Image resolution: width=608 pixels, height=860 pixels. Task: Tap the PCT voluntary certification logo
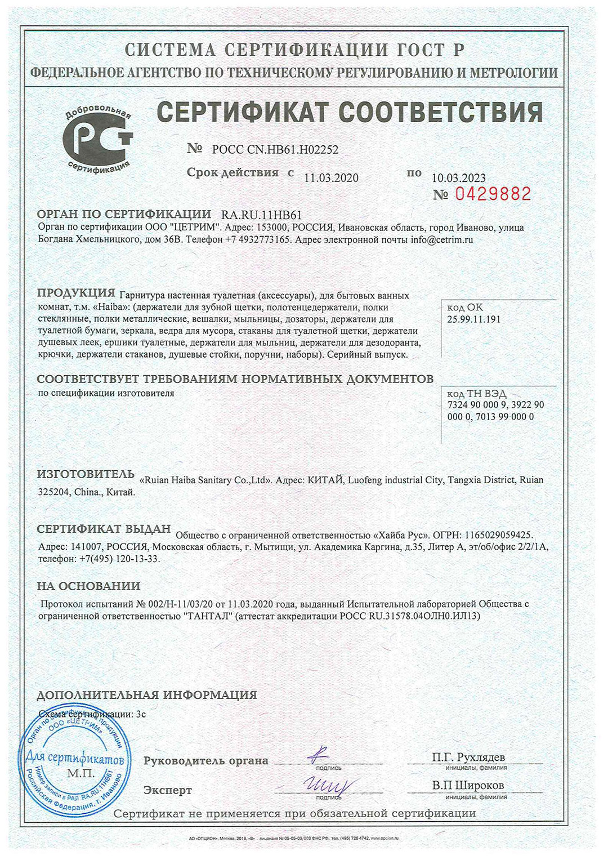click(x=97, y=137)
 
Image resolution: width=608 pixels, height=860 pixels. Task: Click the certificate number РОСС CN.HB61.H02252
click(x=275, y=150)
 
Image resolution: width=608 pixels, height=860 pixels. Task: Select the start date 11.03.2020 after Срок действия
click(x=331, y=178)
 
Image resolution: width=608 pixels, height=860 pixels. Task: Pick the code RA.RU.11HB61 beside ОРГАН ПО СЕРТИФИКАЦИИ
click(x=262, y=215)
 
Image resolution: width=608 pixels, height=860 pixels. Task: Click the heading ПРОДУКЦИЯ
click(x=76, y=293)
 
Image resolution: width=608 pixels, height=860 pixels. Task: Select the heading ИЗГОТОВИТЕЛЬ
click(x=86, y=474)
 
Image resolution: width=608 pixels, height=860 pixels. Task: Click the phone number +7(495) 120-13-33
click(x=119, y=559)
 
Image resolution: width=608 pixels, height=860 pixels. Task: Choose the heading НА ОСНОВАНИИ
click(x=88, y=586)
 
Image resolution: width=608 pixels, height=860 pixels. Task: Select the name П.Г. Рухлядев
click(x=468, y=757)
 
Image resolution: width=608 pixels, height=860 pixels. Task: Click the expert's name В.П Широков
click(x=468, y=785)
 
